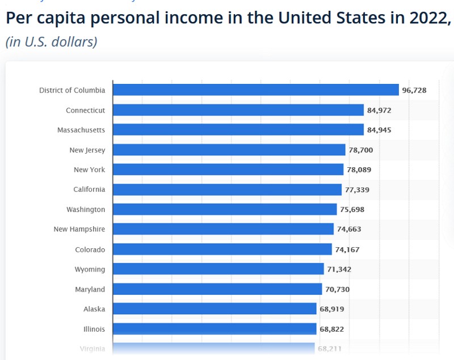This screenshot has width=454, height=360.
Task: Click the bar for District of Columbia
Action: click(x=255, y=90)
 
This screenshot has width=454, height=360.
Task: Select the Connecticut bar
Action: click(x=238, y=110)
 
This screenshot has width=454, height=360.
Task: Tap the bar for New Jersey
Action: click(x=229, y=150)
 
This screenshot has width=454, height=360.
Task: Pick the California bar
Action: click(x=227, y=189)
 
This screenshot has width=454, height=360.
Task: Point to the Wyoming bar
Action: click(x=218, y=269)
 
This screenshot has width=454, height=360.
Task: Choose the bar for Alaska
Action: click(x=215, y=309)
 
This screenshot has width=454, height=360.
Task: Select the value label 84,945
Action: click(x=379, y=130)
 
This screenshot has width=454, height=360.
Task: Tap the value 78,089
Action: click(x=360, y=170)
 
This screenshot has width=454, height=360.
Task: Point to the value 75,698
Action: click(x=352, y=209)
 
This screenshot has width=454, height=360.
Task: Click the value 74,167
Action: click(x=347, y=249)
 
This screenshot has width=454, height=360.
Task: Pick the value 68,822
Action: click(x=331, y=329)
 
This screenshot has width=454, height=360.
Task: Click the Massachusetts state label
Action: click(x=81, y=130)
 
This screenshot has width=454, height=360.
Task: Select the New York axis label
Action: click(x=89, y=170)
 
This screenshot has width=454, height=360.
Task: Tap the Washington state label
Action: click(x=86, y=209)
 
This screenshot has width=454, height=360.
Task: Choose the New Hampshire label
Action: click(x=79, y=229)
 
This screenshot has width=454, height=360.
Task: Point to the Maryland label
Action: click(x=90, y=289)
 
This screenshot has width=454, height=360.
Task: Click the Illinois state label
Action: click(x=93, y=329)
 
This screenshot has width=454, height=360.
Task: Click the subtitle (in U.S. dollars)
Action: click(x=52, y=42)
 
